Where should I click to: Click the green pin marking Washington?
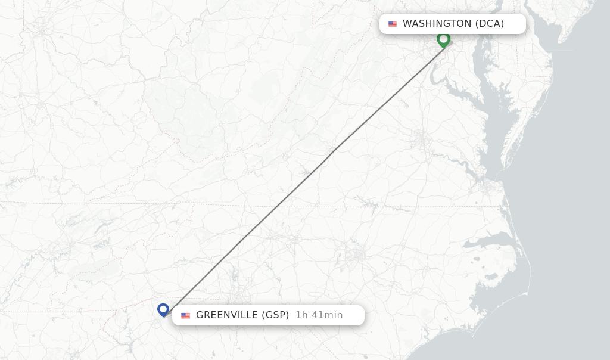point(443,39)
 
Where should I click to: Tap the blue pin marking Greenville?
point(163,309)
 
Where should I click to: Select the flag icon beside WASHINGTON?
point(393,24)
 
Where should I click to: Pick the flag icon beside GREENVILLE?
point(186,315)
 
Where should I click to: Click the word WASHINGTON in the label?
point(437,24)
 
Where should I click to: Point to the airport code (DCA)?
point(489,24)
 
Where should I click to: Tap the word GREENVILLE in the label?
point(227,315)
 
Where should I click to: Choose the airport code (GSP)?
point(275,315)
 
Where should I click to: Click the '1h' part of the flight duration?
point(301,315)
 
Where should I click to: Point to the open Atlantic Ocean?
point(572,209)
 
